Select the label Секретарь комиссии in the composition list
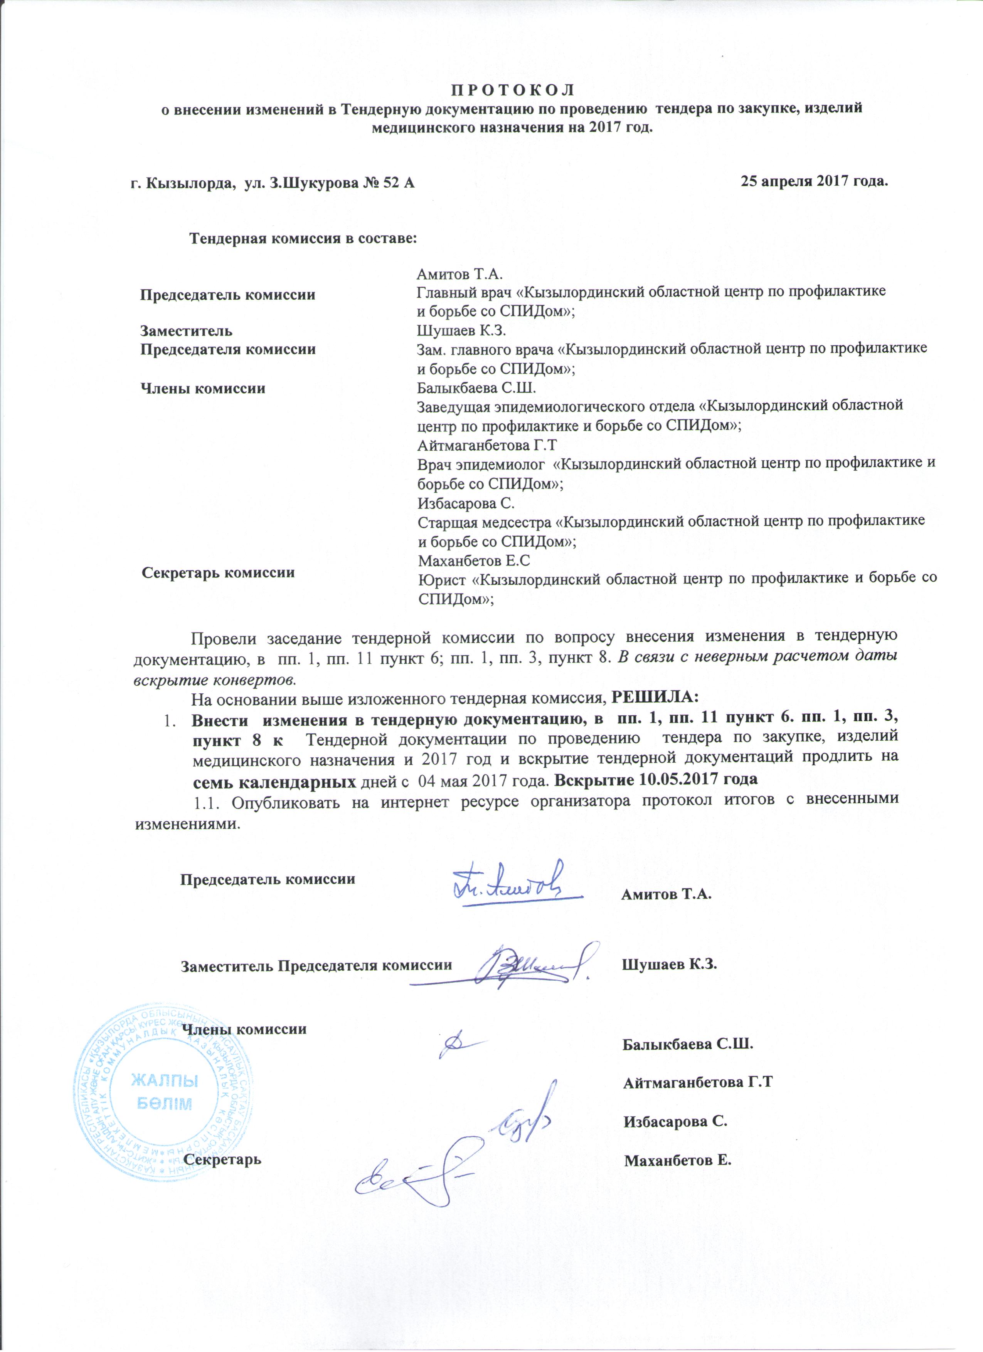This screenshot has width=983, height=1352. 218,573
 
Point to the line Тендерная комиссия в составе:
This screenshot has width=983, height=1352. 302,238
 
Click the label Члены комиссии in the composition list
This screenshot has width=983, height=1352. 203,389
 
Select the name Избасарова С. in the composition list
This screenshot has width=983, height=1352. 466,504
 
